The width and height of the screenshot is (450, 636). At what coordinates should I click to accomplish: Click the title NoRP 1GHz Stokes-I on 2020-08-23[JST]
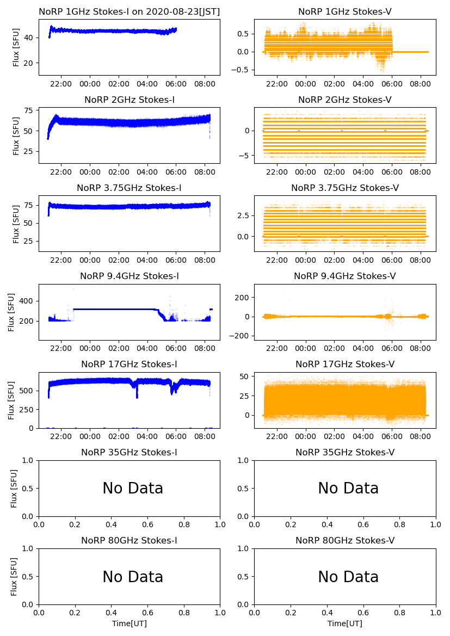point(129,12)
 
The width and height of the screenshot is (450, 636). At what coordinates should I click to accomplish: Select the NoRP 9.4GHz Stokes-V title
point(344,276)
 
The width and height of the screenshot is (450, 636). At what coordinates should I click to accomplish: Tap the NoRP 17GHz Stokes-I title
point(129,365)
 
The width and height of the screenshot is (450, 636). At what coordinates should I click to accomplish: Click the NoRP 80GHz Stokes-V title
point(344,541)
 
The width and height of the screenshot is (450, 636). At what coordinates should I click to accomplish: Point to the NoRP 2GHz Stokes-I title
point(129,100)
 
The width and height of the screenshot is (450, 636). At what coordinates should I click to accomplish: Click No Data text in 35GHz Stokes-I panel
point(133,489)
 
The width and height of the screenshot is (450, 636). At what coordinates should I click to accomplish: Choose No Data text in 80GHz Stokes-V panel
point(348,577)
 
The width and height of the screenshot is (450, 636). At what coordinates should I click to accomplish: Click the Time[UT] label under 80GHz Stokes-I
point(129,623)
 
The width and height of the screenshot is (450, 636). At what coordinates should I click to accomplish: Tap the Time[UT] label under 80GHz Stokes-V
point(344,623)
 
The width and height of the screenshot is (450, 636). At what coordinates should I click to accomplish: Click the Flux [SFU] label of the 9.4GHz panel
point(11,312)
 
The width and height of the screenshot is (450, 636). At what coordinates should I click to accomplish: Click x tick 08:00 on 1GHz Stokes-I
point(204,84)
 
